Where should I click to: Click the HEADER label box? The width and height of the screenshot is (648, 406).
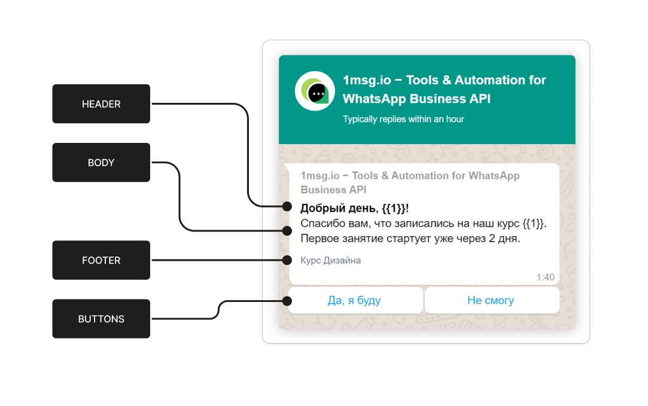[x=101, y=104]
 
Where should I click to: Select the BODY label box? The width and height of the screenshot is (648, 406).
[x=101, y=163]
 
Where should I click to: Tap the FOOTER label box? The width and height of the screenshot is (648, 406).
[x=101, y=260]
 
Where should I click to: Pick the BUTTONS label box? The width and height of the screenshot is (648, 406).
[x=101, y=319]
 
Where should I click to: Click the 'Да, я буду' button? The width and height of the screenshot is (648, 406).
[x=354, y=300]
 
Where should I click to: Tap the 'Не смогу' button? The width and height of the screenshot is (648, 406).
[x=491, y=300]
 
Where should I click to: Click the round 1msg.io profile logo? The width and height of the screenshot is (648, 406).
[x=315, y=91]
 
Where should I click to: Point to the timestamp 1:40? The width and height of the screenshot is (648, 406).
[x=545, y=277]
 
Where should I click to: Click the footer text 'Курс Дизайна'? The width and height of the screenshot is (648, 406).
[x=331, y=261]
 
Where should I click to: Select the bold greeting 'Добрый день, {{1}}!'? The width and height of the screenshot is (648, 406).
[x=354, y=208]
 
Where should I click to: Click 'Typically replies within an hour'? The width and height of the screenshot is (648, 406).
[x=403, y=119]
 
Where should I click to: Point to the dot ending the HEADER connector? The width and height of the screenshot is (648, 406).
[x=287, y=207]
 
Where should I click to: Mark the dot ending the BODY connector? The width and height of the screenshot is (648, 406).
[x=287, y=230]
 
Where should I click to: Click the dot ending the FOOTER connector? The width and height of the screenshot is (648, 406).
[x=287, y=260]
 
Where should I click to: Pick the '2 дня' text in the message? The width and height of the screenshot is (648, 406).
[x=507, y=239]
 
